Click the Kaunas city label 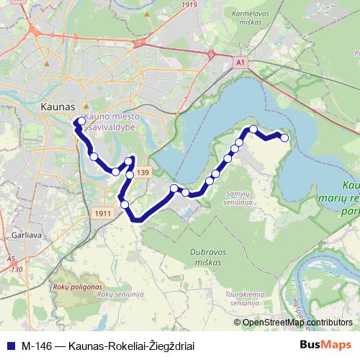[x=54, y=107]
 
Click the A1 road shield [x=240, y=64]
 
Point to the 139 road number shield [x=143, y=173]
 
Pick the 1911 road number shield [x=103, y=214]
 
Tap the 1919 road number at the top [x=189, y=4]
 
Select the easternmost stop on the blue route [x=284, y=138]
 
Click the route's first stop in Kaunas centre [x=80, y=121]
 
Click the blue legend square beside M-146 [x=9, y=345]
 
